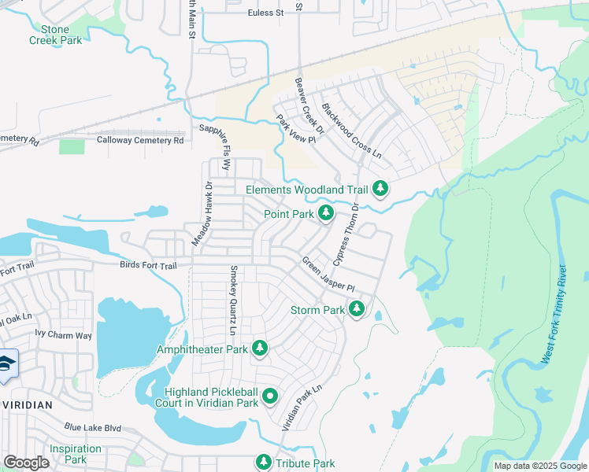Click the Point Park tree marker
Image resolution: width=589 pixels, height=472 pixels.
coord(326,213)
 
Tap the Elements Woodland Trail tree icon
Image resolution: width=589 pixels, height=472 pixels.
coord(380,189)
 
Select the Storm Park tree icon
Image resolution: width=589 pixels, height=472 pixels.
coord(357,309)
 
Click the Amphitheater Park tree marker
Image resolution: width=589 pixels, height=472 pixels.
coord(260,348)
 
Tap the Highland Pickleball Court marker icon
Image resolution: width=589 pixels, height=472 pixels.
coord(270,396)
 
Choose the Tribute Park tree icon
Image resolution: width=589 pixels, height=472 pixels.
coord(264,463)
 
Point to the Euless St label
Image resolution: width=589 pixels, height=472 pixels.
coord(265,13)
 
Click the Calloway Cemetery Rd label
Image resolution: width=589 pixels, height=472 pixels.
coord(140,140)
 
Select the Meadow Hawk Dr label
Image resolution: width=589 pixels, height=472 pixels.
coord(198,216)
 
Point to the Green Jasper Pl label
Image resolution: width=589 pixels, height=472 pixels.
coord(329,275)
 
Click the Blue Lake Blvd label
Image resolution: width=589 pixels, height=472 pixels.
coord(93,427)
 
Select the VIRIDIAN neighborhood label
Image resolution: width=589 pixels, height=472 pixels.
coord(27,404)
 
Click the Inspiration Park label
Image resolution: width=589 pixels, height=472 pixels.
coord(75,454)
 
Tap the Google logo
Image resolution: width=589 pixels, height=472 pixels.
coord(27,463)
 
